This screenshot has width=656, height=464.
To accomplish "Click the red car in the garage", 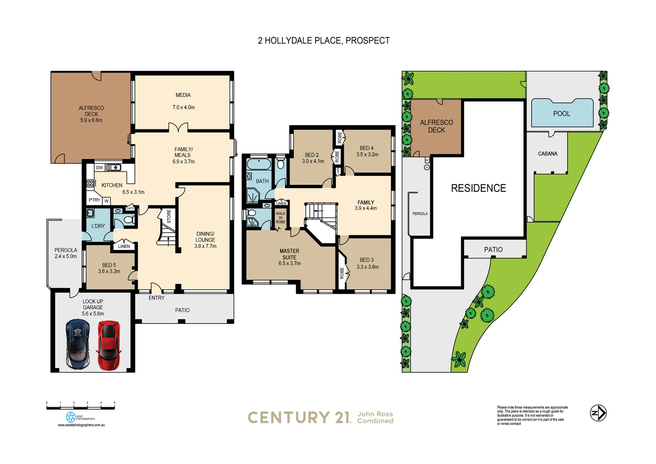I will tap(109, 346).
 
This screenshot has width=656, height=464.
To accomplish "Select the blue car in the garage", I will tap(78, 345).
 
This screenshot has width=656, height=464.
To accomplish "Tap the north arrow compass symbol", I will tap(598, 413).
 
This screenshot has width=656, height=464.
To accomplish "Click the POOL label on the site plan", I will tap(562, 114).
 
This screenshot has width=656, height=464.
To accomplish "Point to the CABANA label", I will tap(547, 154).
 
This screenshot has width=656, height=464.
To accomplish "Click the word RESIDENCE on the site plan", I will tap(478, 188).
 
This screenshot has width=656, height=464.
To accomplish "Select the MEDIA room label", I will tap(183, 95).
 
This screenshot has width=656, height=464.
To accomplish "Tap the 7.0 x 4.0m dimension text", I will tap(183, 107).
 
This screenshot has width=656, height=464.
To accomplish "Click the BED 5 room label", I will tap(109, 265).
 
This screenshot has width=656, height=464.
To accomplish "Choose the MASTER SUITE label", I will tap(289, 254).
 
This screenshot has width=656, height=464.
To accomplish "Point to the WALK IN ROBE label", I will tap(280, 217).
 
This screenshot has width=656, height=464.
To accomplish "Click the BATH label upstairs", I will tap(262, 181).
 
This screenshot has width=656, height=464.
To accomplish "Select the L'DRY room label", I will tap(98, 226).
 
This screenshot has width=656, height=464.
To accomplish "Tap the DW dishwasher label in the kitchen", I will tap(100, 168).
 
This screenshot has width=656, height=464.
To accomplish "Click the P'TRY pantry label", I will tap(94, 200).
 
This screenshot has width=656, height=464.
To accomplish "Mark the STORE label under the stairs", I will tap(169, 216).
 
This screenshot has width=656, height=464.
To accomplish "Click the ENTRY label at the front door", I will tap(156, 298).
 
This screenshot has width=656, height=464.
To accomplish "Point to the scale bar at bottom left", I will tap(81, 406).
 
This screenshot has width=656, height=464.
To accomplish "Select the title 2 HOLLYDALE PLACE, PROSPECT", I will tap(324, 41).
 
